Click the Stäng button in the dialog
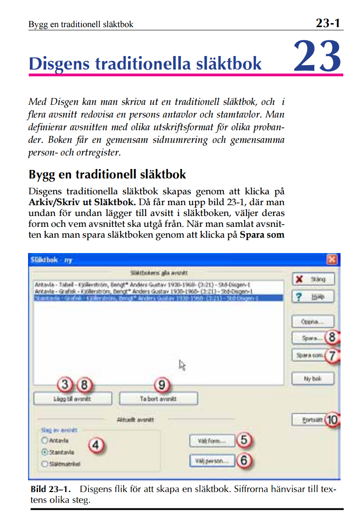click(x=313, y=279)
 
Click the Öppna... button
click(x=313, y=322)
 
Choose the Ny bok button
click(x=313, y=379)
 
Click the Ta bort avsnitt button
click(x=158, y=399)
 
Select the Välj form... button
click(x=212, y=440)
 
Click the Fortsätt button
click(x=308, y=420)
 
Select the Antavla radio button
click(x=44, y=440)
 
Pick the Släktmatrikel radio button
click(x=44, y=464)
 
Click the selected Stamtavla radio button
click(x=44, y=452)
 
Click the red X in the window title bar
click(x=332, y=260)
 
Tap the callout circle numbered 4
click(x=95, y=445)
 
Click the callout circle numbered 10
click(x=332, y=420)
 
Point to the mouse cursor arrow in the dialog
click(x=182, y=365)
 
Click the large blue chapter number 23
click(x=317, y=56)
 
